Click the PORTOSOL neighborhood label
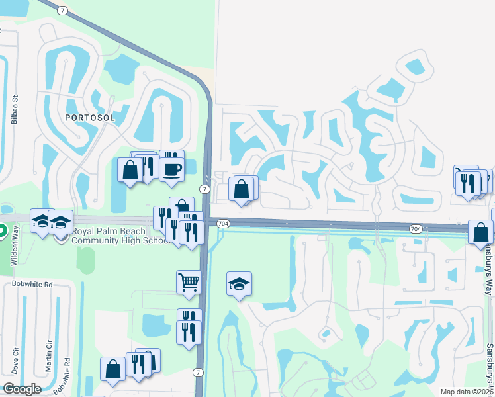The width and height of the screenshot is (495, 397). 89,117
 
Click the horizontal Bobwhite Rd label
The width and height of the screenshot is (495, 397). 28,284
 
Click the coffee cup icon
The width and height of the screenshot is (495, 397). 171,169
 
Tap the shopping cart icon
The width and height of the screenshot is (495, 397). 189,283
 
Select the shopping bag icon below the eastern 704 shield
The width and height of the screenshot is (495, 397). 480,232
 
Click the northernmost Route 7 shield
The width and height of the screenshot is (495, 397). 62,11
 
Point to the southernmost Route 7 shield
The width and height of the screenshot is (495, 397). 198,374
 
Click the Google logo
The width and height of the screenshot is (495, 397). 22,389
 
